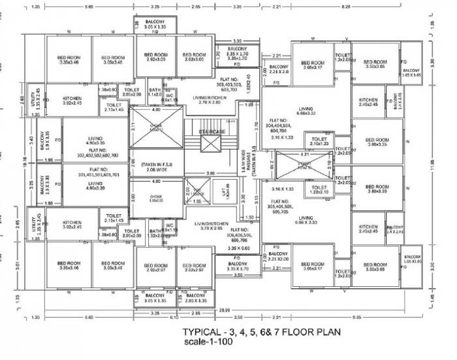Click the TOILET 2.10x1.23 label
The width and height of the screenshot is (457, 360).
pos(319,141)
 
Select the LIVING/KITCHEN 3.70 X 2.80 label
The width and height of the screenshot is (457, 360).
pos(210,99)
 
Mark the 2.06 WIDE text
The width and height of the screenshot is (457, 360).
pos(151,169)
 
